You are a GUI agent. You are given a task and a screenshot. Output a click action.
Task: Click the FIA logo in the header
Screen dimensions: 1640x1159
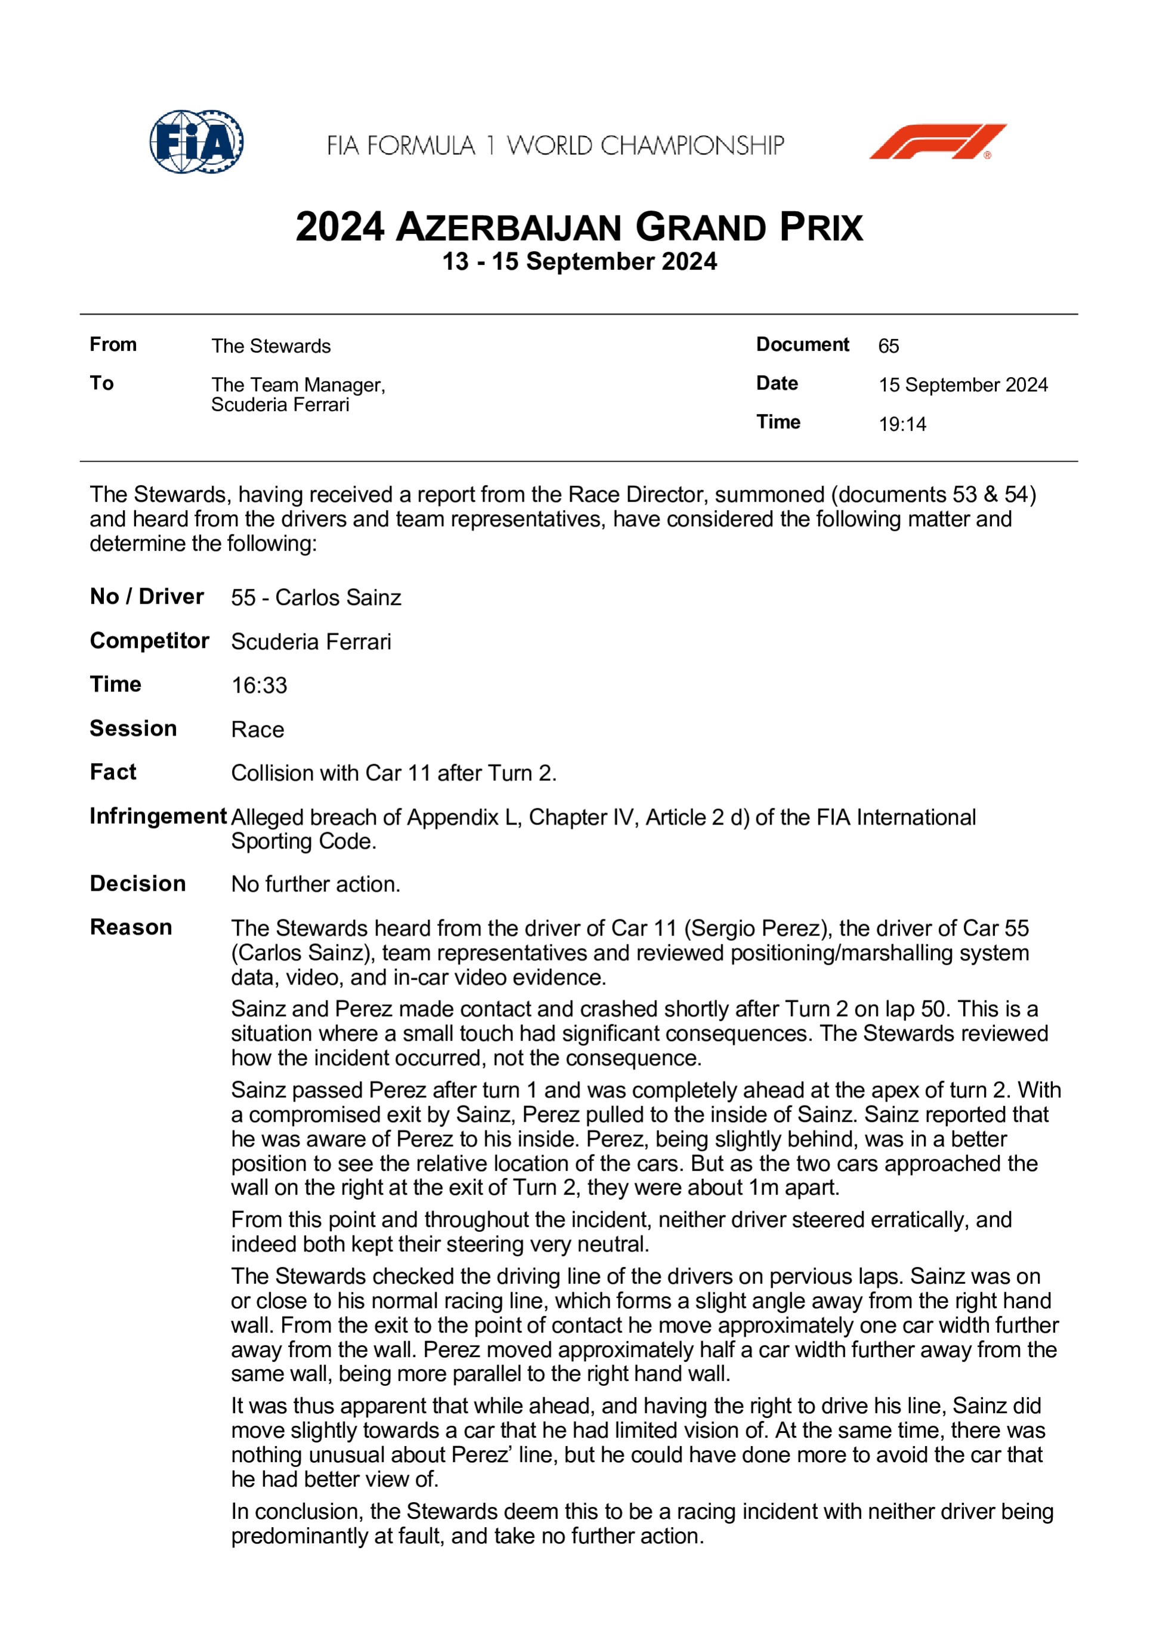point(196,141)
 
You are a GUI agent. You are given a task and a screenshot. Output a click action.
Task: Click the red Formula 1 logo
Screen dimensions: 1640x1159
point(937,141)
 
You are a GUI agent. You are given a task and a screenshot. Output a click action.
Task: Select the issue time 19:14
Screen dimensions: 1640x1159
point(902,424)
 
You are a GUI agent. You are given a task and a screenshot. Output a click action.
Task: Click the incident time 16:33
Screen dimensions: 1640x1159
point(259,685)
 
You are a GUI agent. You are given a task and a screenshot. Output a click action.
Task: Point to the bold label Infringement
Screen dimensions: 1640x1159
point(158,816)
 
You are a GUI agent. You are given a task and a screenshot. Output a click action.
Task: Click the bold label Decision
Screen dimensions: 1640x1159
point(138,884)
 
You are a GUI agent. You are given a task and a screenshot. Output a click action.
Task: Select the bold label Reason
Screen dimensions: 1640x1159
point(131,927)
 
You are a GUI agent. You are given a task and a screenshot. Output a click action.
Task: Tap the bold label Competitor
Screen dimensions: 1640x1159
point(149,641)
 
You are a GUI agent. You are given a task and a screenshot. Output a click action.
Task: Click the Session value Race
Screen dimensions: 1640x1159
point(257,729)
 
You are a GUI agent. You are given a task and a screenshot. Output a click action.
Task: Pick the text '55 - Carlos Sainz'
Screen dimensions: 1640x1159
point(316,597)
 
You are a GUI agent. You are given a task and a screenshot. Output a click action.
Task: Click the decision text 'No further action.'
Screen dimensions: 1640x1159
point(316,884)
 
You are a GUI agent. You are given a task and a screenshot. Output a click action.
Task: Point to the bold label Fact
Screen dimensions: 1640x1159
point(113,772)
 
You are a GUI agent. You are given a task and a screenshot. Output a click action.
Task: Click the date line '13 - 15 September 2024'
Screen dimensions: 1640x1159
point(579,261)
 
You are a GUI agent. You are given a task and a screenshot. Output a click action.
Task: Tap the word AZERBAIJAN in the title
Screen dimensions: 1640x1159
point(508,228)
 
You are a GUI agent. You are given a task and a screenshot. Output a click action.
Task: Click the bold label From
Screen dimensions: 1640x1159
point(113,344)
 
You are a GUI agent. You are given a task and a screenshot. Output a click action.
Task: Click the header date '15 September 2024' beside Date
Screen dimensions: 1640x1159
point(963,385)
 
